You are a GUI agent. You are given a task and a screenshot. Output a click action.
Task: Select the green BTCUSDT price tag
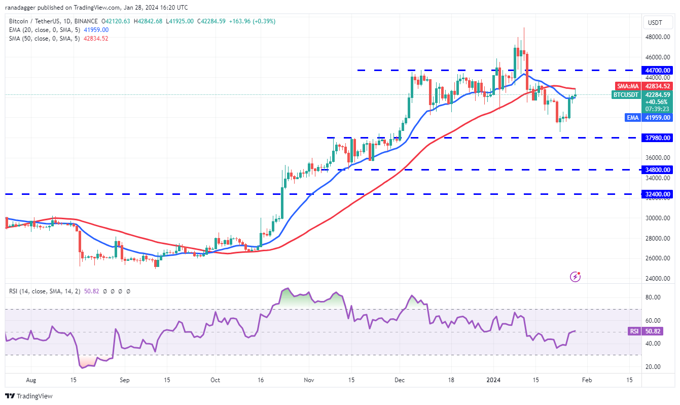(x=626, y=94)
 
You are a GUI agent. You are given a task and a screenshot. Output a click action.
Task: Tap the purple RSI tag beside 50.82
(x=634, y=331)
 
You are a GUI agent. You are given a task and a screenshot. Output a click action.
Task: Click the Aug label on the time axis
(x=31, y=380)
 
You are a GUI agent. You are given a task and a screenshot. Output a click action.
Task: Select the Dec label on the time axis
(x=399, y=380)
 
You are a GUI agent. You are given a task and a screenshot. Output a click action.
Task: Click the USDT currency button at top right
(x=657, y=22)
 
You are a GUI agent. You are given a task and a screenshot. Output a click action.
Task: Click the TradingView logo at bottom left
(x=29, y=396)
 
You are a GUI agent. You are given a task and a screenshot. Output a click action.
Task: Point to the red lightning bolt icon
(x=575, y=277)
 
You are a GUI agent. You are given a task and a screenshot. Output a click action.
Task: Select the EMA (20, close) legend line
(x=59, y=30)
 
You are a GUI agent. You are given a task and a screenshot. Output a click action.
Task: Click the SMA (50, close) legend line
(x=59, y=39)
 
